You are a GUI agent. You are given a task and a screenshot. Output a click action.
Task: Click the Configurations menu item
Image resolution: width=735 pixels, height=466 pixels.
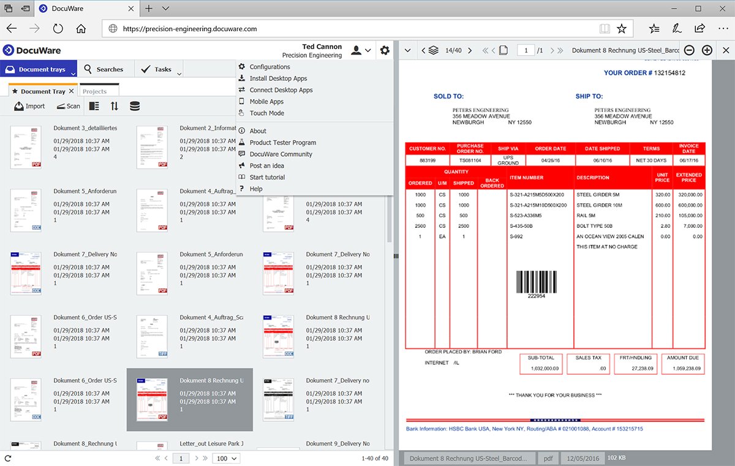tap(269, 67)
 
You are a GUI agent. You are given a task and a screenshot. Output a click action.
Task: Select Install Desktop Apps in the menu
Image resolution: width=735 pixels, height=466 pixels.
tap(278, 78)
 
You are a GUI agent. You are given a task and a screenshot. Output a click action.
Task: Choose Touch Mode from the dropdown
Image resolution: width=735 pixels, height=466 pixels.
tap(266, 113)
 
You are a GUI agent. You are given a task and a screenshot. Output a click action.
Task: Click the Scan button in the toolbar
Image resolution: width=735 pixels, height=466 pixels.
tap(69, 106)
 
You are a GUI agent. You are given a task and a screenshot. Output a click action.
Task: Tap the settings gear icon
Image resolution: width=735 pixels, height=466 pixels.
tap(385, 50)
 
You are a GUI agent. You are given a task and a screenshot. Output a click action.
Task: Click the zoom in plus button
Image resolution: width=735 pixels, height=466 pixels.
tap(707, 50)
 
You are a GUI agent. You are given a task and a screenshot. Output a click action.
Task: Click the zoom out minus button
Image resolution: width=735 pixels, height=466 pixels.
tap(689, 50)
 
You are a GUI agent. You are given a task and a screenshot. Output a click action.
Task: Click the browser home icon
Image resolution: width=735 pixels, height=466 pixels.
tap(81, 29)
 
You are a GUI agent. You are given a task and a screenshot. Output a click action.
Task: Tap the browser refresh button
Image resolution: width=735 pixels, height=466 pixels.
tap(58, 29)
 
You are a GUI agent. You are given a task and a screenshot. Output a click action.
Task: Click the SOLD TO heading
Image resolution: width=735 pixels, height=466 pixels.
tap(448, 96)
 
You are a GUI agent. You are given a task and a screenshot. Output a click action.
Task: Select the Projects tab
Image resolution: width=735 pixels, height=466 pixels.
tap(95, 91)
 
